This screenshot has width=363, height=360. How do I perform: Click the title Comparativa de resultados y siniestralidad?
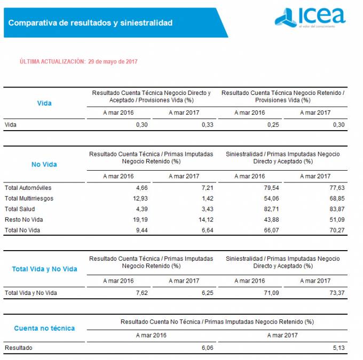(90, 23)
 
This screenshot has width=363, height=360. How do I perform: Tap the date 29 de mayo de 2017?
(113, 62)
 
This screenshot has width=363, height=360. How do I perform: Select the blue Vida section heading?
(44, 103)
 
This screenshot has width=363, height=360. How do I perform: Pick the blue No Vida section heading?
(44, 164)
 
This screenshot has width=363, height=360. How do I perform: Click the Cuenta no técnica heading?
(44, 328)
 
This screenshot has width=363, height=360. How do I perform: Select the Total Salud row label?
(20, 209)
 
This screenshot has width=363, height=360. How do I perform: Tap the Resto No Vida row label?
(23, 220)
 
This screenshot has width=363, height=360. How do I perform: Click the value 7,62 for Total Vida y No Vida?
(141, 293)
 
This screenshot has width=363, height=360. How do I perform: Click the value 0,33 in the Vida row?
(207, 125)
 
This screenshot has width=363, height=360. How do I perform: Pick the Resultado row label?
(18, 348)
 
